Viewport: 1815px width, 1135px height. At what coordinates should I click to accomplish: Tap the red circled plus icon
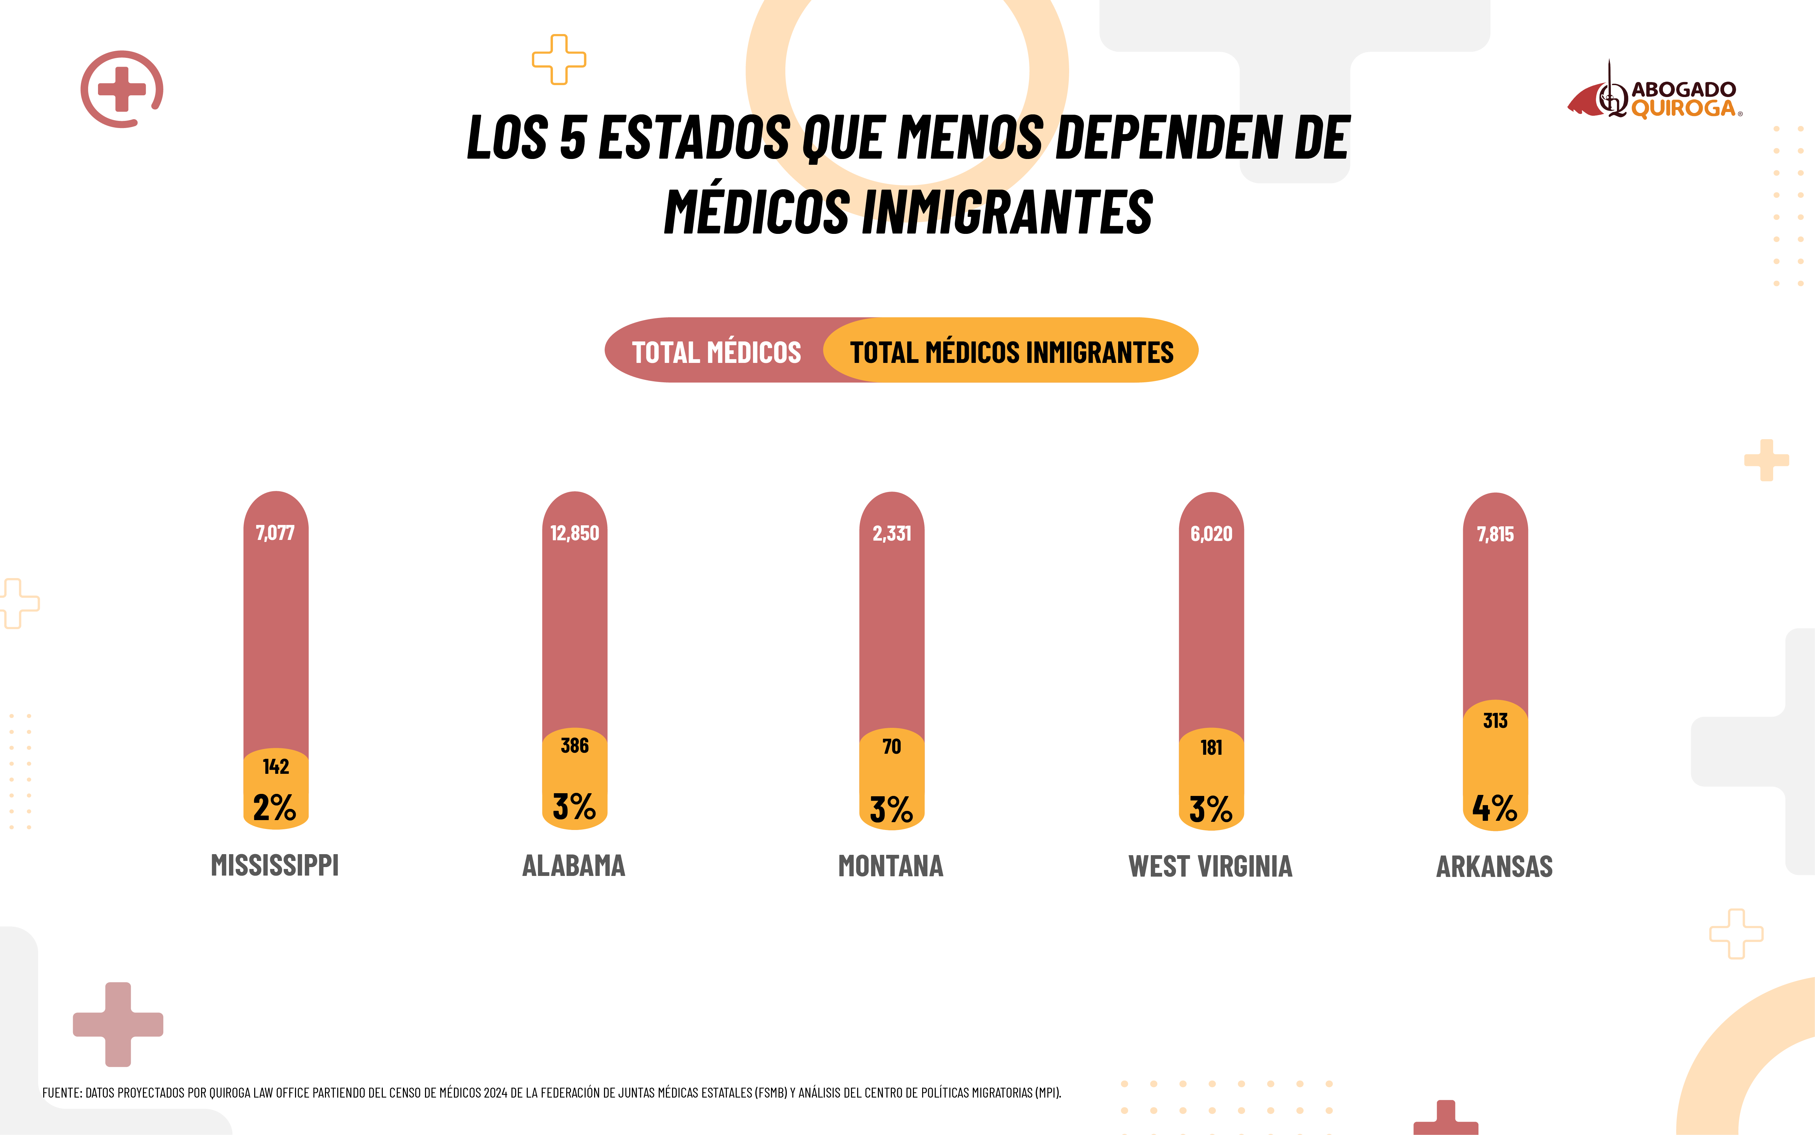121,89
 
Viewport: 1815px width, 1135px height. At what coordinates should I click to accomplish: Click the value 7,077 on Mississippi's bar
275,533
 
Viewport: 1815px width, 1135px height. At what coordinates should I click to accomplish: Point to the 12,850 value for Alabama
575,533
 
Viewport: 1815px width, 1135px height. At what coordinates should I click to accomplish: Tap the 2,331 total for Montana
892,534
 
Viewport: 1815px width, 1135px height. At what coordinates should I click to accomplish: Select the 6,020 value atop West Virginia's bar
1211,534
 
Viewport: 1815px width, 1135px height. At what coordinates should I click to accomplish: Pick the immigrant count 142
275,766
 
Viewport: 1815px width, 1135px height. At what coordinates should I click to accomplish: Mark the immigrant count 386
575,746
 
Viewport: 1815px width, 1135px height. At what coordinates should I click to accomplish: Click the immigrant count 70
892,746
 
